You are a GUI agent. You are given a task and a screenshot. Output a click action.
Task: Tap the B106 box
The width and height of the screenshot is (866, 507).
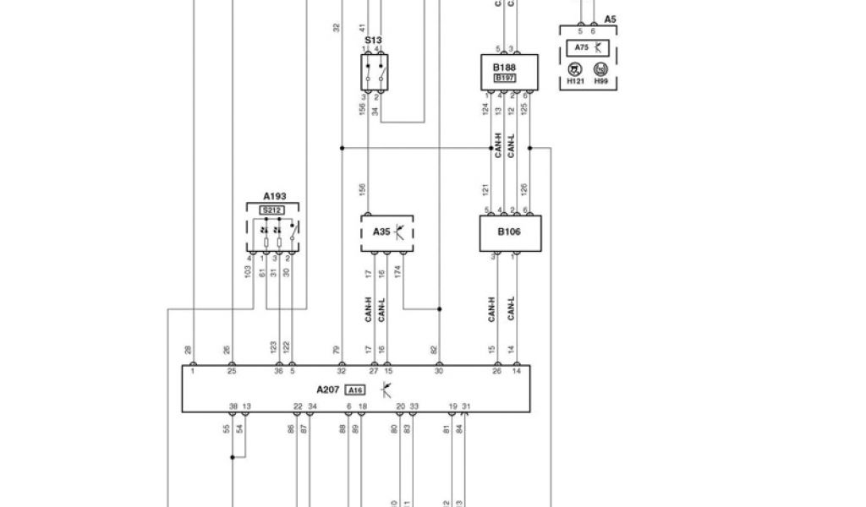tap(509, 232)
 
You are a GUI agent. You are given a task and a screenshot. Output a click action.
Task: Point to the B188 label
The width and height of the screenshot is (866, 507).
tap(504, 66)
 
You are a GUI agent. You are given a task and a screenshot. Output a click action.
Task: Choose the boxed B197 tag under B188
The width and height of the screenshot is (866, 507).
tap(505, 79)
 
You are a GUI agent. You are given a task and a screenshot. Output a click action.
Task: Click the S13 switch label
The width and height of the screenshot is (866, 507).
tap(373, 40)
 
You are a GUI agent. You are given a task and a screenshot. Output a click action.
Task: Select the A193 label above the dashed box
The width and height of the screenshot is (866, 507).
tap(274, 195)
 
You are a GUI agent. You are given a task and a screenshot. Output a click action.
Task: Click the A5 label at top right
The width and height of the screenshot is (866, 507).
tap(611, 18)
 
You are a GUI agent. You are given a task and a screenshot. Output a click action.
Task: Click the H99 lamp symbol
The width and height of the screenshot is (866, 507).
tap(600, 71)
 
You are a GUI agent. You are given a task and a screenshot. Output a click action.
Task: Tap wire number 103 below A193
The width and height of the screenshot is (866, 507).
tap(249, 274)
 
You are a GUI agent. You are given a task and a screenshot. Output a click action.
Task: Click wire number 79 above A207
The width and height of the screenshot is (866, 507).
tap(336, 349)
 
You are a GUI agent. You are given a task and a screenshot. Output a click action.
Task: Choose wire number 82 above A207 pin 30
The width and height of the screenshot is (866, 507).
tap(434, 349)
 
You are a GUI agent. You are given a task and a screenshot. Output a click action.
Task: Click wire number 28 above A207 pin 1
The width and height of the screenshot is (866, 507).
tap(188, 349)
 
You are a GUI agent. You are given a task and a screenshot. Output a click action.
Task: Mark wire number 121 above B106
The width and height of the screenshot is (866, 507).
tap(486, 191)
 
